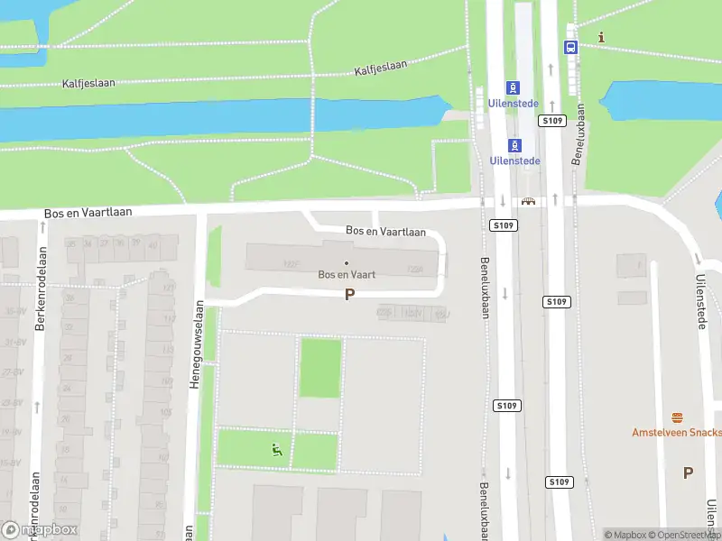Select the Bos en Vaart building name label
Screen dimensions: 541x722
pyautogui.click(x=347, y=274)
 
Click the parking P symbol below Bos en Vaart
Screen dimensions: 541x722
pyautogui.click(x=349, y=294)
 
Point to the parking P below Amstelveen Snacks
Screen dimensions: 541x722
pyautogui.click(x=688, y=472)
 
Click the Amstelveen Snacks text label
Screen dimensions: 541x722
pyautogui.click(x=676, y=433)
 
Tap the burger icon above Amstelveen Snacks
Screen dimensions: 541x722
pyautogui.click(x=678, y=417)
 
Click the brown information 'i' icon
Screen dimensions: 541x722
pyautogui.click(x=602, y=37)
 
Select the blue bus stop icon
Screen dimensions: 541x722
pyautogui.click(x=570, y=47)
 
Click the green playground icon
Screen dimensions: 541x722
pyautogui.click(x=278, y=449)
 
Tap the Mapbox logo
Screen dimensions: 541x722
pyautogui.click(x=40, y=529)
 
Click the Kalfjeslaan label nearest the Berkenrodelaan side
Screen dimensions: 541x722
pyautogui.click(x=88, y=83)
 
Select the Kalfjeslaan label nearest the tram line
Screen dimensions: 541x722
pyautogui.click(x=381, y=68)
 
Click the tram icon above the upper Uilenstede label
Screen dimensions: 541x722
pyautogui.click(x=514, y=88)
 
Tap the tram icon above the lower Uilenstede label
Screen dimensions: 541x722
pyautogui.click(x=514, y=145)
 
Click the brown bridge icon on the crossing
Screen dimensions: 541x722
pyautogui.click(x=528, y=201)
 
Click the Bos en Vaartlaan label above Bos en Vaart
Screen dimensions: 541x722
pyautogui.click(x=385, y=232)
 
